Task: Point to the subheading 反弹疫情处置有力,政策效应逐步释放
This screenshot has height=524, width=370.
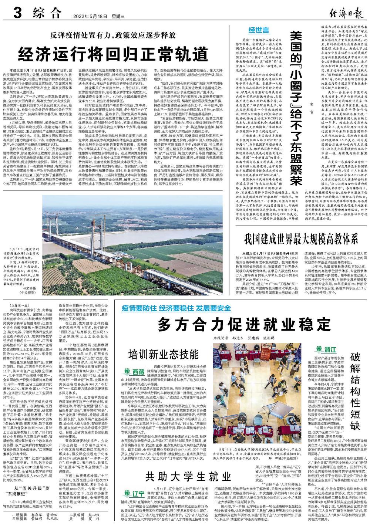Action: tap(113, 36)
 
